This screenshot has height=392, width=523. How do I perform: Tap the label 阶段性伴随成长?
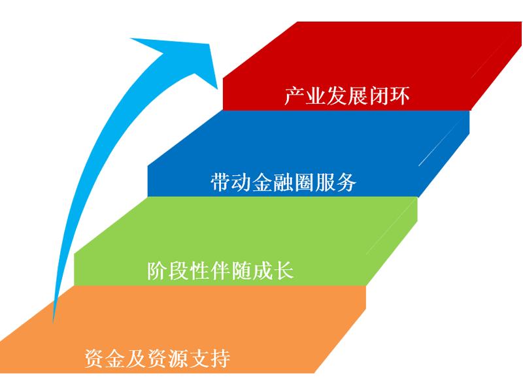[x=221, y=270]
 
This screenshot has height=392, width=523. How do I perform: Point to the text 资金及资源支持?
[x=158, y=358]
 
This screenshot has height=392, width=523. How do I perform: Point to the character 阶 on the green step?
[x=158, y=270]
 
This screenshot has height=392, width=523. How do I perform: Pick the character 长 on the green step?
[x=284, y=270]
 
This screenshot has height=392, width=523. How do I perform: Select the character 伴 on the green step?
[x=221, y=270]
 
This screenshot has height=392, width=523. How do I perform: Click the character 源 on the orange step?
[x=178, y=358]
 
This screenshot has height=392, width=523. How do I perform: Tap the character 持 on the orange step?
[x=220, y=358]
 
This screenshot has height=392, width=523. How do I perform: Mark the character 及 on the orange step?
[x=137, y=358]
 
